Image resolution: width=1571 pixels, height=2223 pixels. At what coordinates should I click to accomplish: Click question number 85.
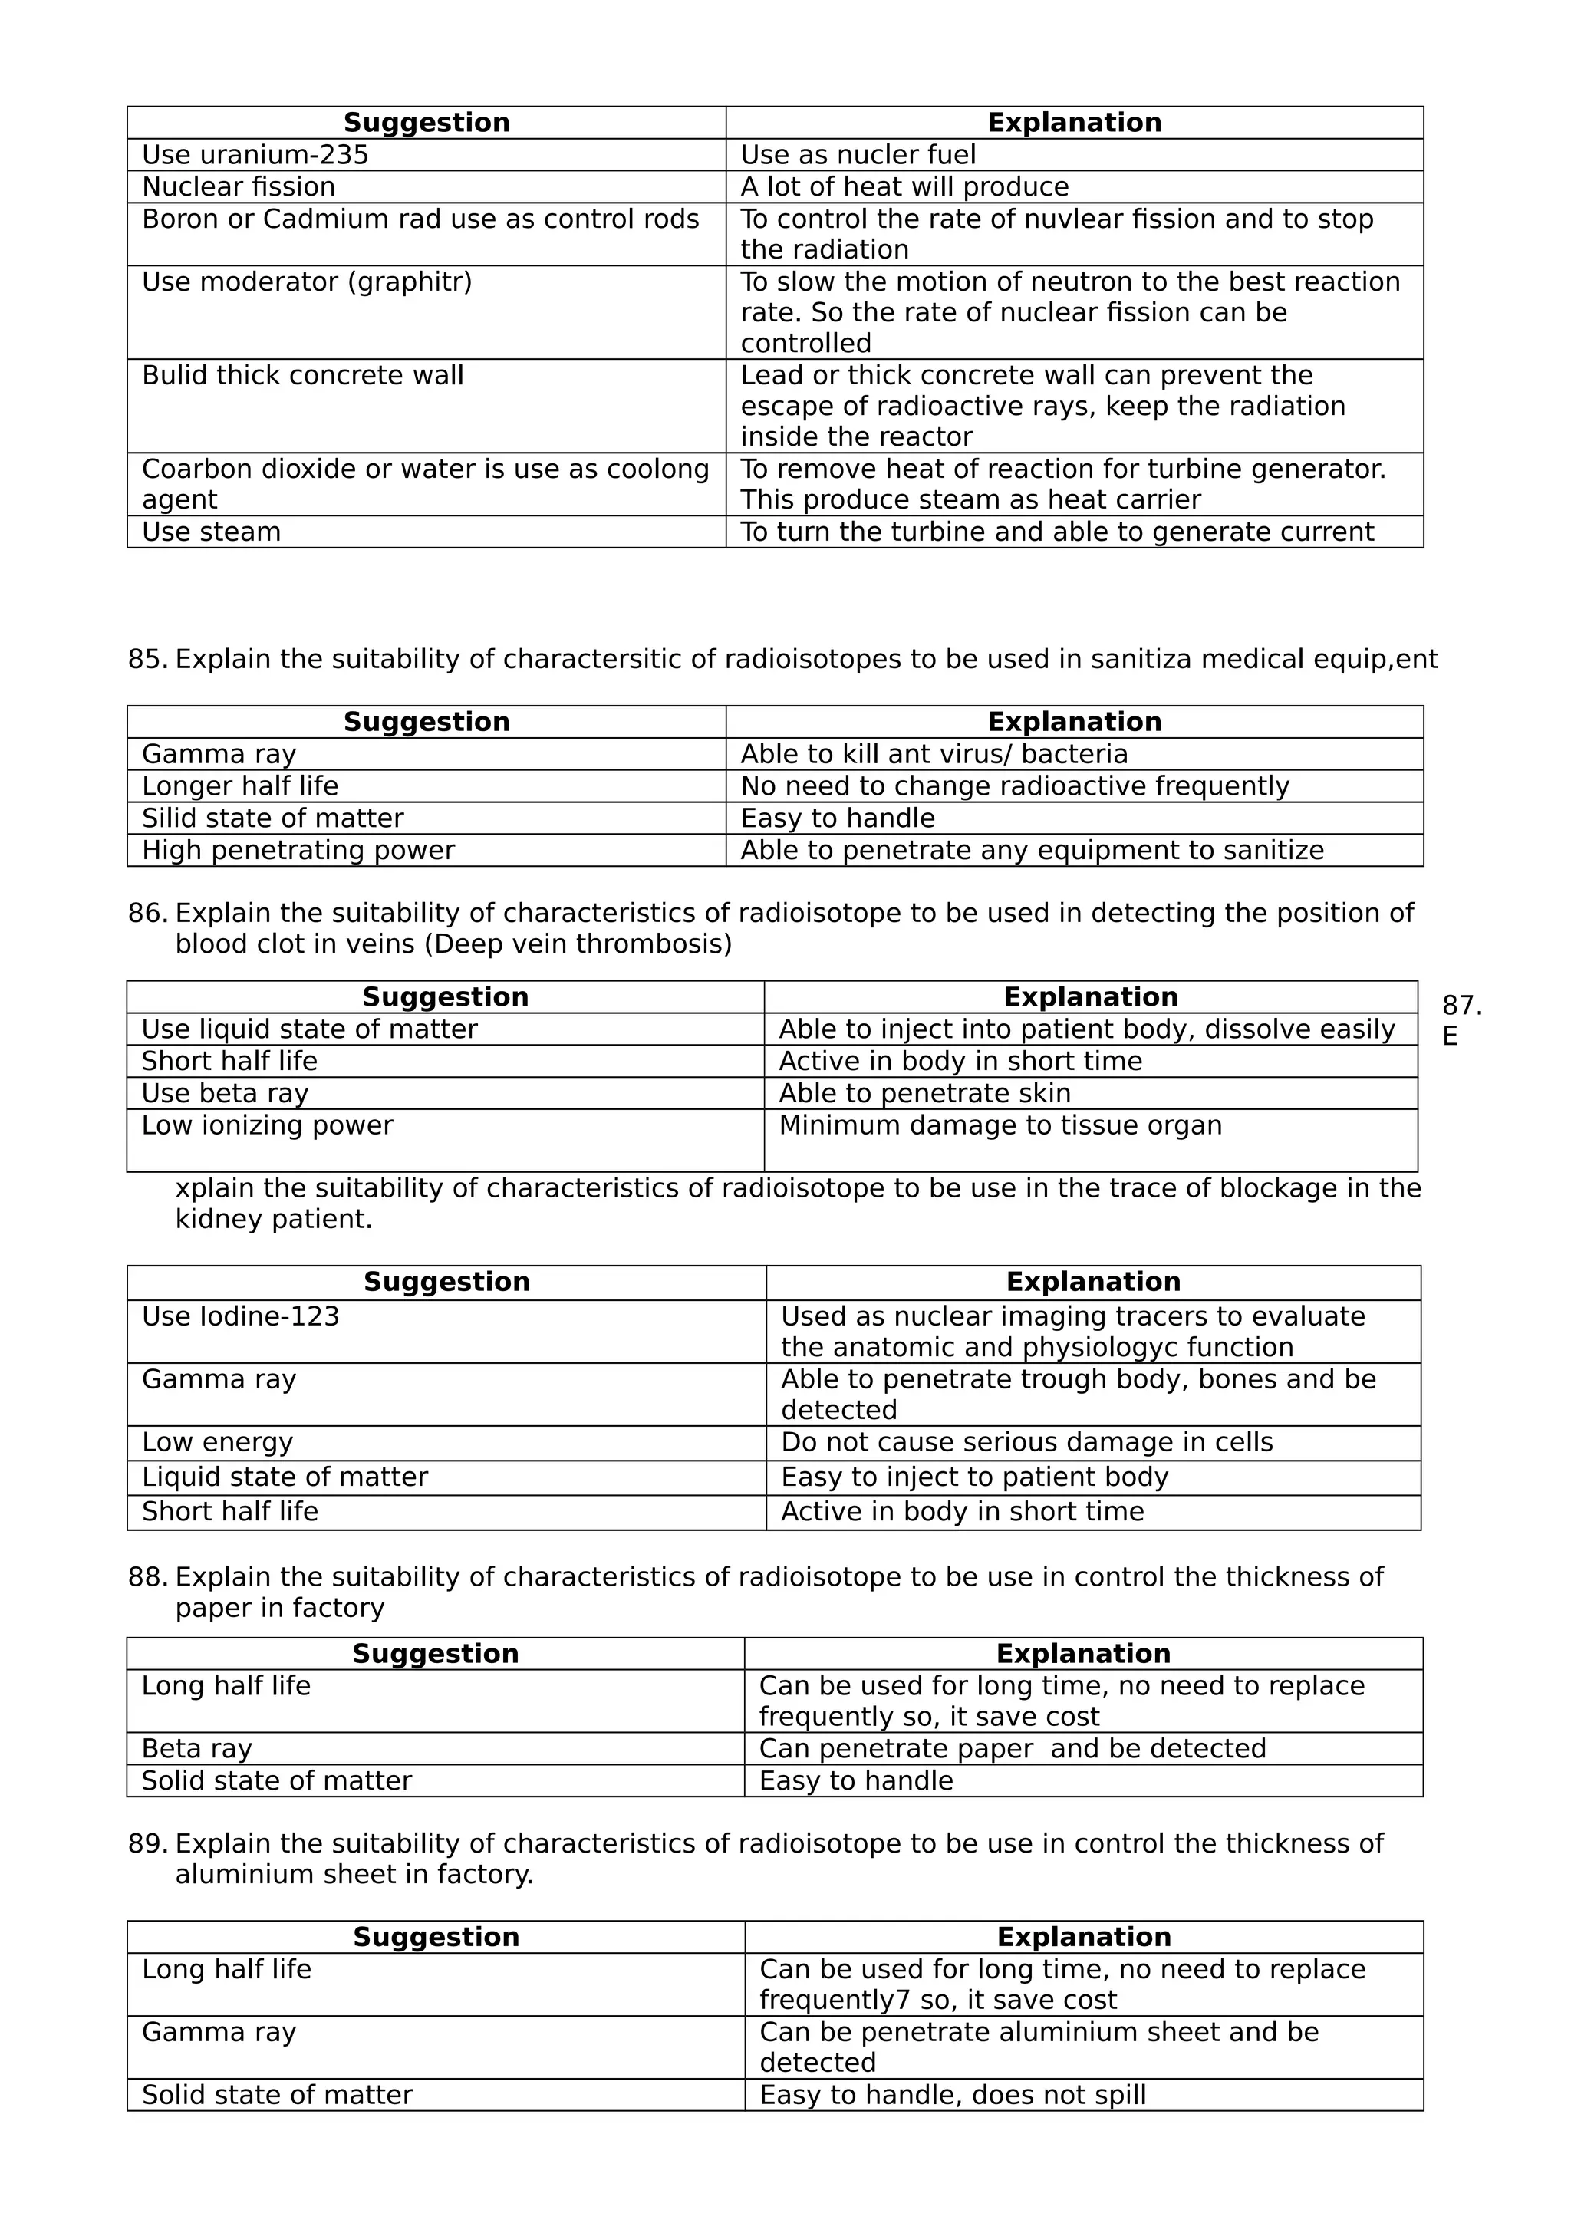(x=147, y=660)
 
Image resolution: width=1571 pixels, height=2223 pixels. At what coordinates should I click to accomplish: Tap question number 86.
(x=147, y=913)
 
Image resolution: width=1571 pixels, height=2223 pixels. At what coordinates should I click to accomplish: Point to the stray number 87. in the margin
(x=1461, y=1005)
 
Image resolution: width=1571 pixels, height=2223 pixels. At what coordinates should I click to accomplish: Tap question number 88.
(x=147, y=1577)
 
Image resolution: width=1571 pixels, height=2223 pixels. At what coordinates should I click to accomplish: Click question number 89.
(x=147, y=1843)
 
